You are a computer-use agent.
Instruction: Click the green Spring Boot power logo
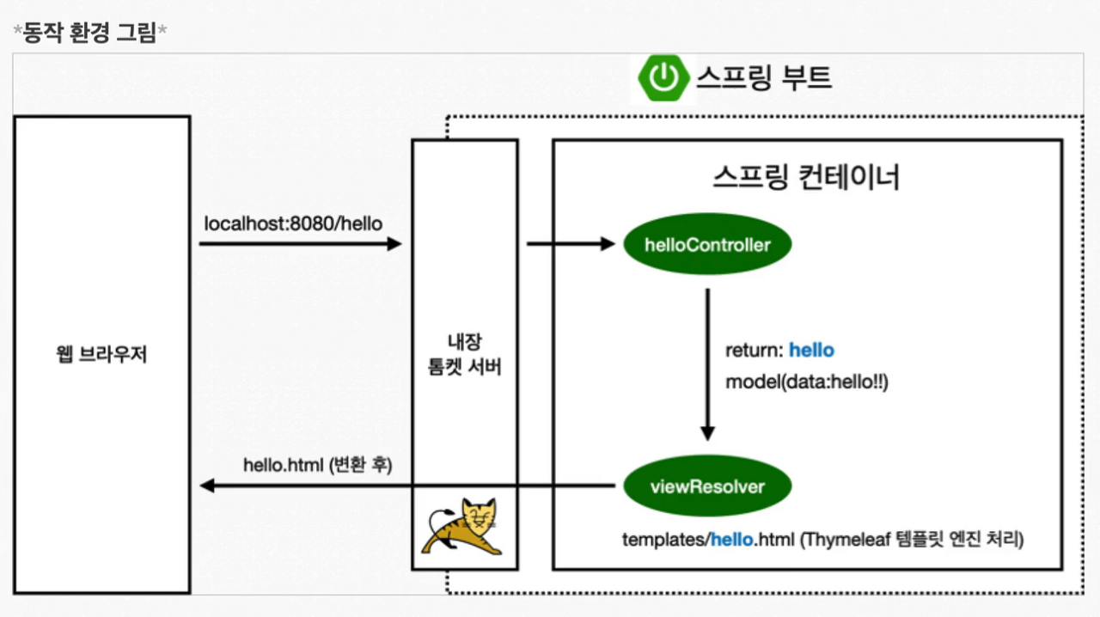pyautogui.click(x=663, y=78)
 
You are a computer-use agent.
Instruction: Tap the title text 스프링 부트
pyautogui.click(x=763, y=78)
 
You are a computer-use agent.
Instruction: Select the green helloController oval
pyautogui.click(x=707, y=245)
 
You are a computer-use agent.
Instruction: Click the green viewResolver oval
pyautogui.click(x=707, y=486)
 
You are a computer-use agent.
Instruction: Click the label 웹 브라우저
pyautogui.click(x=101, y=354)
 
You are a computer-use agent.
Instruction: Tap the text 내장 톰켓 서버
pyautogui.click(x=465, y=354)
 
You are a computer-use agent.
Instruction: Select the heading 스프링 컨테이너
pyautogui.click(x=806, y=177)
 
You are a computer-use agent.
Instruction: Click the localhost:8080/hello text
pyautogui.click(x=293, y=224)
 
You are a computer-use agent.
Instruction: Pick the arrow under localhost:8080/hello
pyautogui.click(x=300, y=244)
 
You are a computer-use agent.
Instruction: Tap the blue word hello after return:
pyautogui.click(x=811, y=350)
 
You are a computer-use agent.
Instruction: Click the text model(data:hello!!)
pyautogui.click(x=806, y=382)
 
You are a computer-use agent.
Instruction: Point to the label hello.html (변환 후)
pyautogui.click(x=318, y=465)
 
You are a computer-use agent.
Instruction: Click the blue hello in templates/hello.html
pyautogui.click(x=732, y=541)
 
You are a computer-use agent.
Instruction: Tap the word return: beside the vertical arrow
pyautogui.click(x=755, y=350)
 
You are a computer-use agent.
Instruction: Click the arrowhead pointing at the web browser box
pyautogui.click(x=207, y=486)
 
